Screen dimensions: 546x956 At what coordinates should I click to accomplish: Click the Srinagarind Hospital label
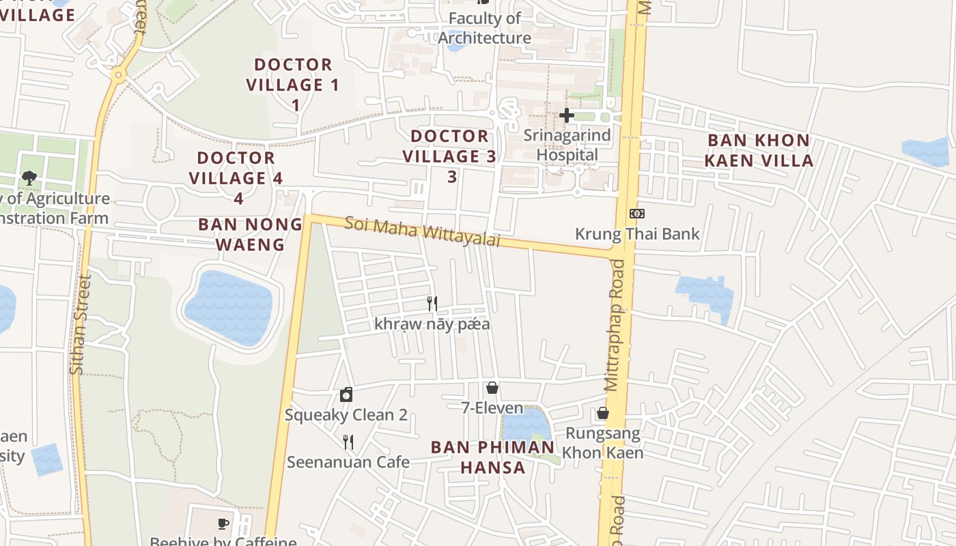tap(567, 145)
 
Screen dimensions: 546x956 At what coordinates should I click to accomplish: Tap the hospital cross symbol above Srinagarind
tap(567, 115)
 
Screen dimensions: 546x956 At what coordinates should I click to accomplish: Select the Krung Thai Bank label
tap(637, 234)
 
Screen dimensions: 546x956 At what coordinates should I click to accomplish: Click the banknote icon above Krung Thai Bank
tap(637, 214)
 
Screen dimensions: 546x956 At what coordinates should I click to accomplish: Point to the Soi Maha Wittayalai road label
tap(422, 232)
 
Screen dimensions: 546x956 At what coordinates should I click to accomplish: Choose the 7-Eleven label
tap(492, 408)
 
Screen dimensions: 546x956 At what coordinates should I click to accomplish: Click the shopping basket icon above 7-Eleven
tap(492, 388)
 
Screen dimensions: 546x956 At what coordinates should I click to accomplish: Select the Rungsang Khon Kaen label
tap(603, 443)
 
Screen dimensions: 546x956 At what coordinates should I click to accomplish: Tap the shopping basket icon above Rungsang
tap(603, 413)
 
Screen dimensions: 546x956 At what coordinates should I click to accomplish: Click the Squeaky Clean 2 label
tap(346, 415)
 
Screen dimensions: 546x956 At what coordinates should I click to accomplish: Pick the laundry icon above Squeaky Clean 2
tap(346, 394)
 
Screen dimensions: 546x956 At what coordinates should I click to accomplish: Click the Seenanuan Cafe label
tap(348, 462)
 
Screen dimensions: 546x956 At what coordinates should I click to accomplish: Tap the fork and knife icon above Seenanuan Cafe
tap(348, 442)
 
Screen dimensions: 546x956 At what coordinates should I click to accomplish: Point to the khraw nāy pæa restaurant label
tap(432, 324)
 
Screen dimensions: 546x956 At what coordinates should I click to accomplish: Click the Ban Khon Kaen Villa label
tap(759, 150)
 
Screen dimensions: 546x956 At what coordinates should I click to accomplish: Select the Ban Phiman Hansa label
tap(492, 457)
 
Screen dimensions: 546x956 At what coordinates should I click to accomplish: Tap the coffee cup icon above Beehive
tap(223, 523)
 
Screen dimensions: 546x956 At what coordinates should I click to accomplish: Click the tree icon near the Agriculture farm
tap(29, 178)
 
